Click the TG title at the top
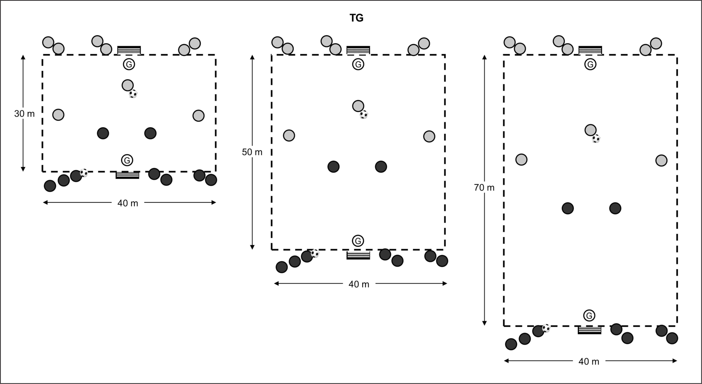(x=356, y=18)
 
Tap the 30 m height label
(x=24, y=114)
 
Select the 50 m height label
(x=252, y=152)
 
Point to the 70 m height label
(x=484, y=188)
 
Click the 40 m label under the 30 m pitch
(x=128, y=203)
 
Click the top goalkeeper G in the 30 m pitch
(x=129, y=65)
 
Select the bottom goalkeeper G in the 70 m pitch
(x=589, y=316)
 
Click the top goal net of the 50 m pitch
(x=358, y=50)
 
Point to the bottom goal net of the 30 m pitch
(x=127, y=175)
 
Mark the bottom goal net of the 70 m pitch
(x=589, y=330)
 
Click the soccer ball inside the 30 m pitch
(x=133, y=94)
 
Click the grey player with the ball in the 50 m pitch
(x=358, y=106)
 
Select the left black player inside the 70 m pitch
(x=568, y=208)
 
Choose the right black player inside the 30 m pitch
(x=150, y=133)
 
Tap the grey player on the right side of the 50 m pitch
(x=429, y=136)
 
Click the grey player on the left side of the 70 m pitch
(x=521, y=160)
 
